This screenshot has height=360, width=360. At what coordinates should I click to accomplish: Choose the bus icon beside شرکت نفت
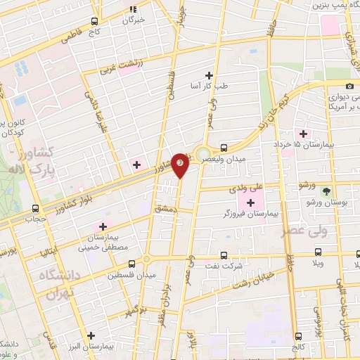tap(224, 255)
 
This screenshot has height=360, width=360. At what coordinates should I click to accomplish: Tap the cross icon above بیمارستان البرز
tap(90, 335)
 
